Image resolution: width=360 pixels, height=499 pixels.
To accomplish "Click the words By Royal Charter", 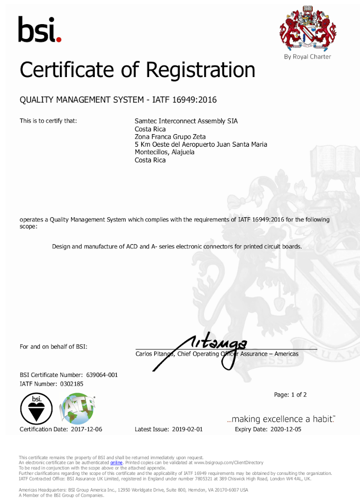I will click(x=308, y=57).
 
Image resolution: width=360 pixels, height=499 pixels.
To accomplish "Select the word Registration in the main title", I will click(x=201, y=70).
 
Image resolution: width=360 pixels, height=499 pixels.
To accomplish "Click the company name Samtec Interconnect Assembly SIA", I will click(x=186, y=121).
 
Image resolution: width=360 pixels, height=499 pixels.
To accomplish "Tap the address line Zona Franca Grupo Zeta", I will click(x=170, y=137).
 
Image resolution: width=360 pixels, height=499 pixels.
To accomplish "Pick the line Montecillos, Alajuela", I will click(x=164, y=152).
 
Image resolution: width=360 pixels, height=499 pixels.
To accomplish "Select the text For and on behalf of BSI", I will click(x=53, y=347).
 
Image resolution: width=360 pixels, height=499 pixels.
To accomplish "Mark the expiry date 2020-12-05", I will click(x=285, y=429).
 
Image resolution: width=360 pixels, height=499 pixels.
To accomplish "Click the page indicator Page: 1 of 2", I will click(x=290, y=395).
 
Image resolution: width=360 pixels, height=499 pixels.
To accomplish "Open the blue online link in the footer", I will click(x=116, y=463).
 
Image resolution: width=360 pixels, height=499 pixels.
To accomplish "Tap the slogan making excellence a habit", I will click(x=281, y=419).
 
